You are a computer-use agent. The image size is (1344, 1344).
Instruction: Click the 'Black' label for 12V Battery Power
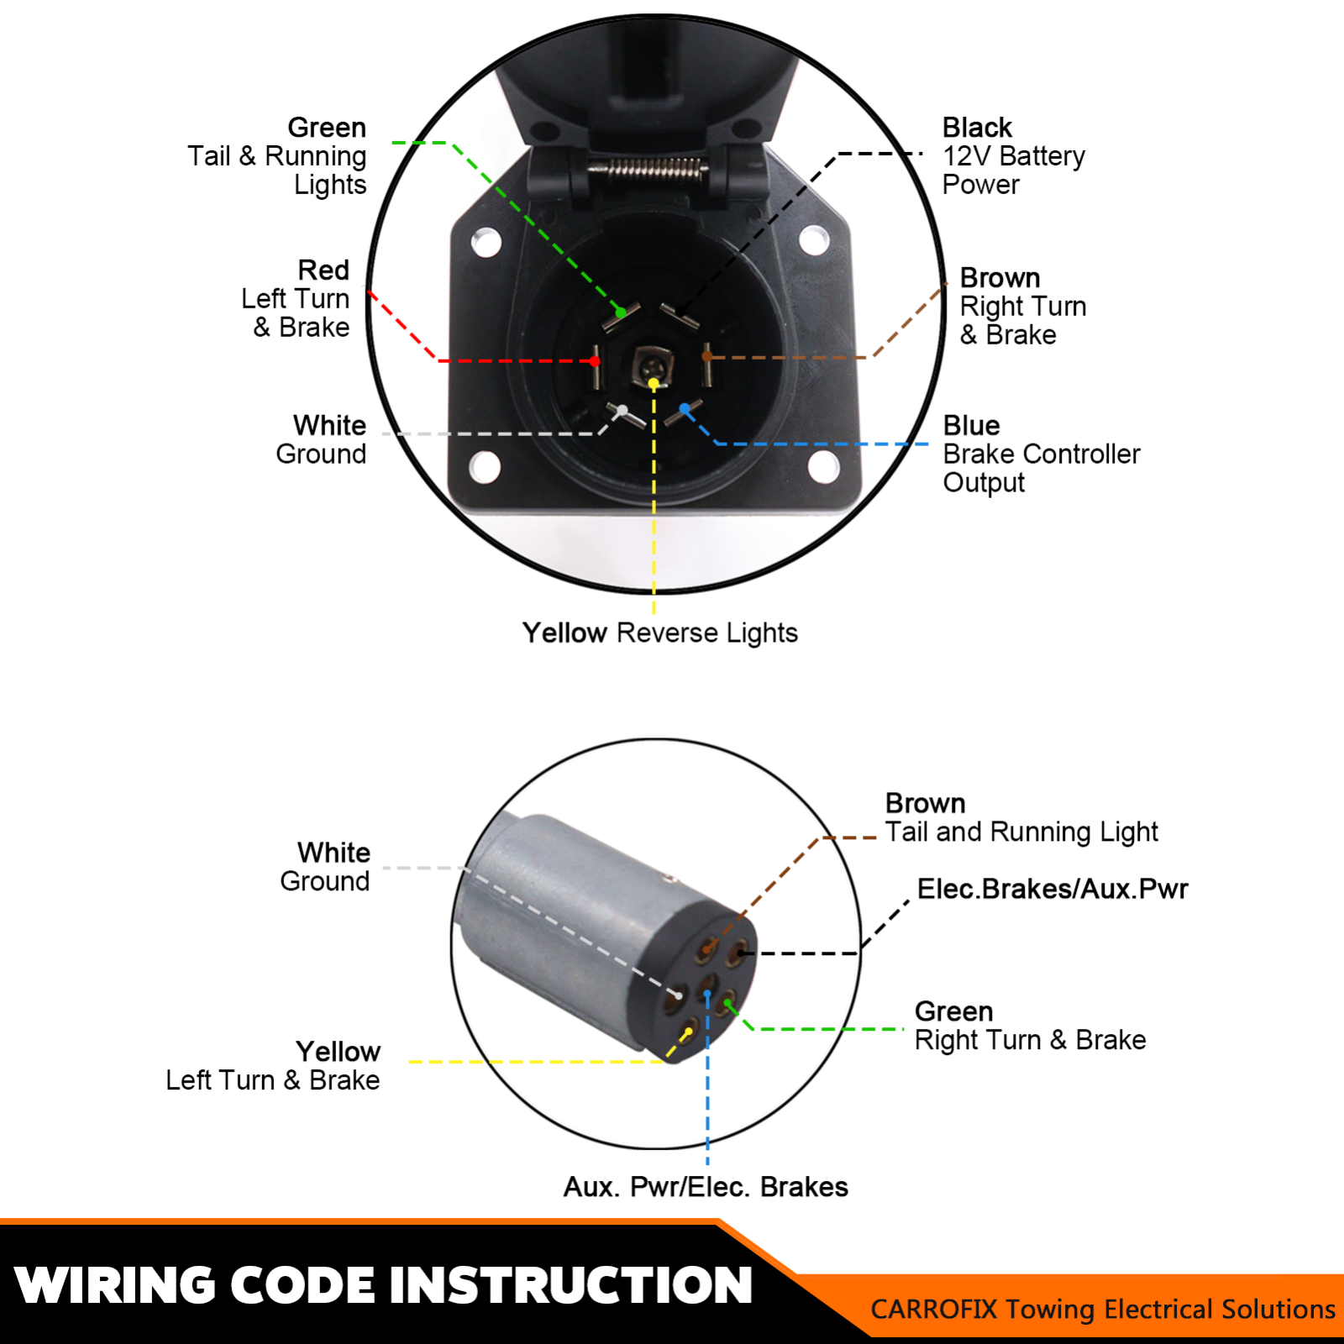tap(976, 128)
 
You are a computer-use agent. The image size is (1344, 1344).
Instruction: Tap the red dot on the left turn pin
tap(595, 361)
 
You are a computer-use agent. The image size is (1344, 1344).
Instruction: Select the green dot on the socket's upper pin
tap(620, 312)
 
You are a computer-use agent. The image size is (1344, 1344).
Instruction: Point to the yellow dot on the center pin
tap(654, 384)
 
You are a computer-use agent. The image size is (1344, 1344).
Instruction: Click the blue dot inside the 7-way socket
tap(685, 409)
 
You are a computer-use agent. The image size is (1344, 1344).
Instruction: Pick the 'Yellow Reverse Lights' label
tap(659, 633)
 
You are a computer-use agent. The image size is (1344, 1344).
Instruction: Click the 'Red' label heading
tap(323, 270)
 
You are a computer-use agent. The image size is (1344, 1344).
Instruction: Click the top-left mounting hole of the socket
tap(486, 243)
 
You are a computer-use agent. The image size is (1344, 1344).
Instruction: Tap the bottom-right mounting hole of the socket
tap(823, 465)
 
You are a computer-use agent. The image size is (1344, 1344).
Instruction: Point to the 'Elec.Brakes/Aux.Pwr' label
tap(1052, 889)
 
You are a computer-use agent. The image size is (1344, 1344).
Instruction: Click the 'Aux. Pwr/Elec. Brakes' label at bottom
tap(706, 1187)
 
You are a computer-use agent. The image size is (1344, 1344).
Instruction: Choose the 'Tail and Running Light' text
tap(1021, 832)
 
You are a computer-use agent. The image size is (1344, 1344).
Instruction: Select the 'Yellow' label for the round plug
tap(338, 1052)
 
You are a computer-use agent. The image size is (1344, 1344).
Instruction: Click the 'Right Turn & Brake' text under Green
tap(1030, 1040)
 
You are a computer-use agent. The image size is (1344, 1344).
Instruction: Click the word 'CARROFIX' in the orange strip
tap(933, 1309)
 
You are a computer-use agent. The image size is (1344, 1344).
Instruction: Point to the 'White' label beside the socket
tap(329, 425)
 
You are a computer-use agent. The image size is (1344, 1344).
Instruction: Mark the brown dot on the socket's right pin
tap(707, 356)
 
